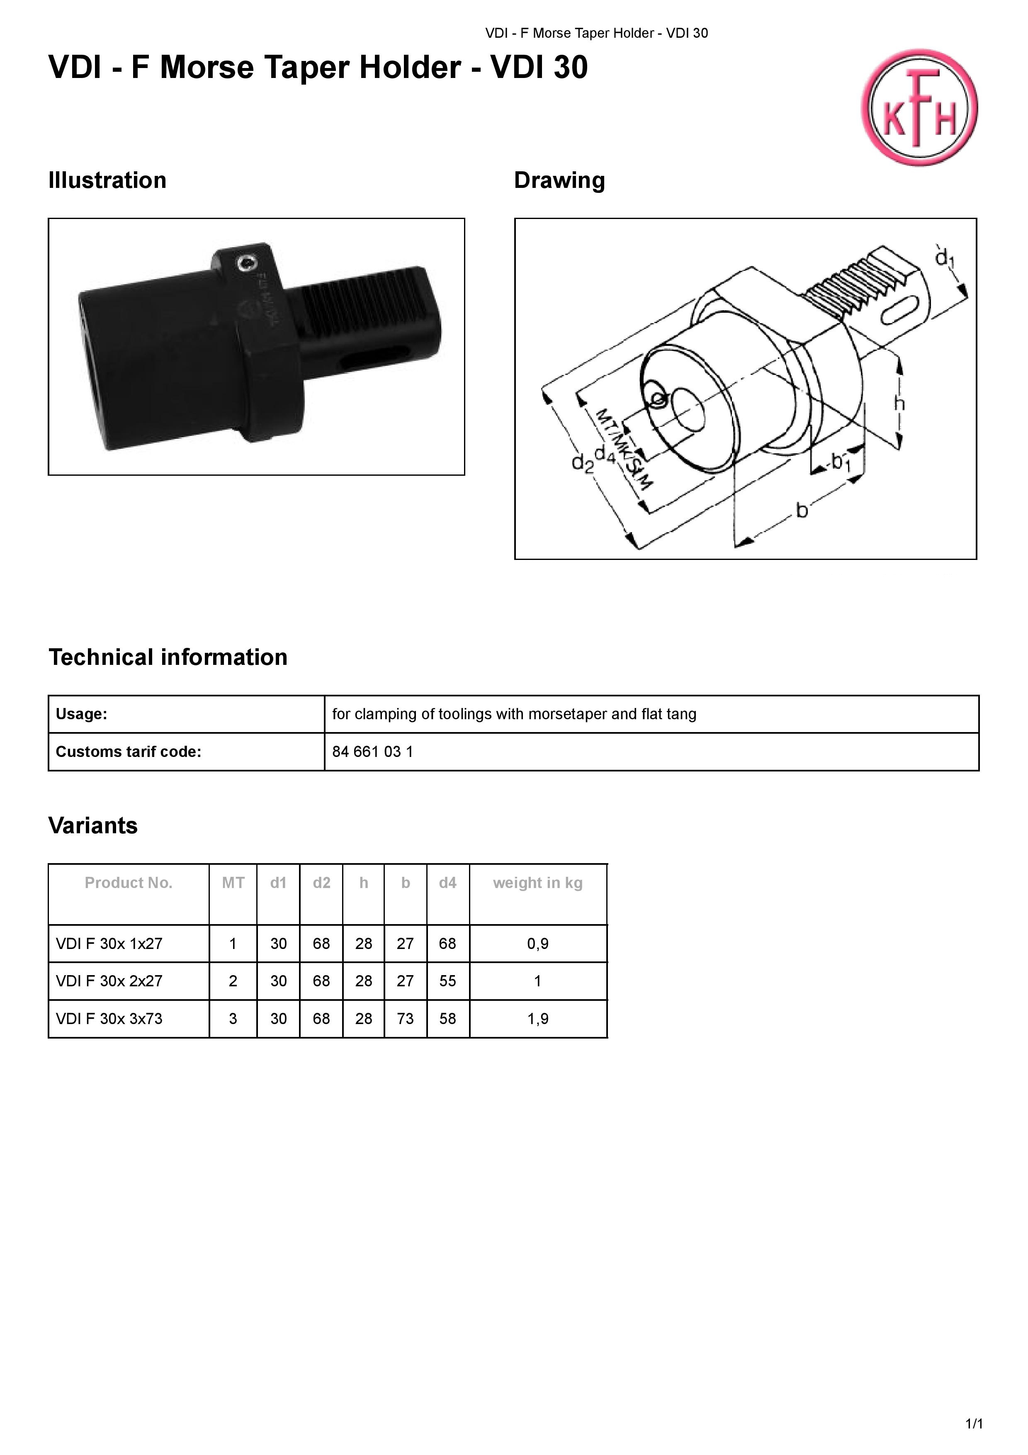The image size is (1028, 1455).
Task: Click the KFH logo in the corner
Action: (919, 108)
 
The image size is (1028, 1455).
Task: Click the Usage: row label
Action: (82, 714)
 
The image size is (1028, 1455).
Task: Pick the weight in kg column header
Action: (538, 883)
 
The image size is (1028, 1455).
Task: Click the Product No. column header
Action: (129, 883)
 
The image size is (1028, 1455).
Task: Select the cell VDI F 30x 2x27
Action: (109, 981)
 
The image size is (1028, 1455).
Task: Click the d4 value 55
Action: (448, 981)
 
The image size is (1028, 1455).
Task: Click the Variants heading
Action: (93, 826)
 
